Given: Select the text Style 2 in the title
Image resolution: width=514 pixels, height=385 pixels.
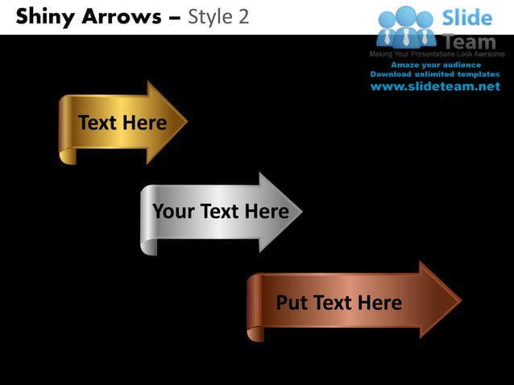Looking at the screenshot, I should [x=218, y=15].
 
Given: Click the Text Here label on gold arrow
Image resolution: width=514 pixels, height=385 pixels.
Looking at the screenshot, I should [x=122, y=122].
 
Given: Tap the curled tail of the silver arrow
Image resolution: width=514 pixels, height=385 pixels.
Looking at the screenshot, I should [x=149, y=245].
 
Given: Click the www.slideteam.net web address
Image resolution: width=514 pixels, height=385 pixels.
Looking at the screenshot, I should [x=435, y=87].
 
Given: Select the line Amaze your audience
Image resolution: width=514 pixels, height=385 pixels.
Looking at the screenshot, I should [x=435, y=64].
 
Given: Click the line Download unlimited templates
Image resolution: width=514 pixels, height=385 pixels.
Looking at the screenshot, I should [x=435, y=74].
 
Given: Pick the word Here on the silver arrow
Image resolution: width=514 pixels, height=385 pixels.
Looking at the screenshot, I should [x=266, y=212].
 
